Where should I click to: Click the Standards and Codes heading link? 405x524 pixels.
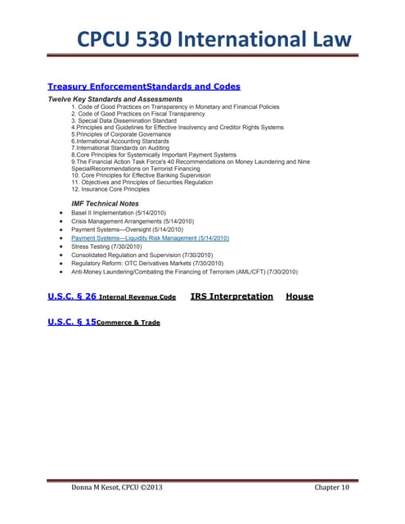point(193,86)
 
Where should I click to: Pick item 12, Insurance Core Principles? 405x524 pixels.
point(115,189)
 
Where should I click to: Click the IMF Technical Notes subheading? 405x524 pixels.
point(106,203)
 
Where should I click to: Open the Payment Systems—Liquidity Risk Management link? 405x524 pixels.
point(150,237)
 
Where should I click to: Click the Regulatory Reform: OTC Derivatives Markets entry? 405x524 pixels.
point(147,264)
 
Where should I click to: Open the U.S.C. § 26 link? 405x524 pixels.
point(72,296)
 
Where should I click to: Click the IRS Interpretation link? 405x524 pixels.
point(232,296)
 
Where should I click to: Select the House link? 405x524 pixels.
point(299,296)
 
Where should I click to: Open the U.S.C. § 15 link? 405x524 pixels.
point(72,323)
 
